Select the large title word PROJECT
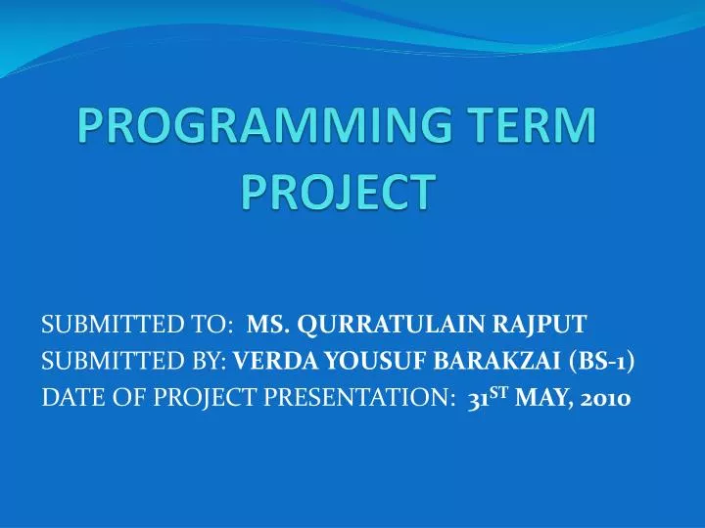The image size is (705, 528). coord(337,191)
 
